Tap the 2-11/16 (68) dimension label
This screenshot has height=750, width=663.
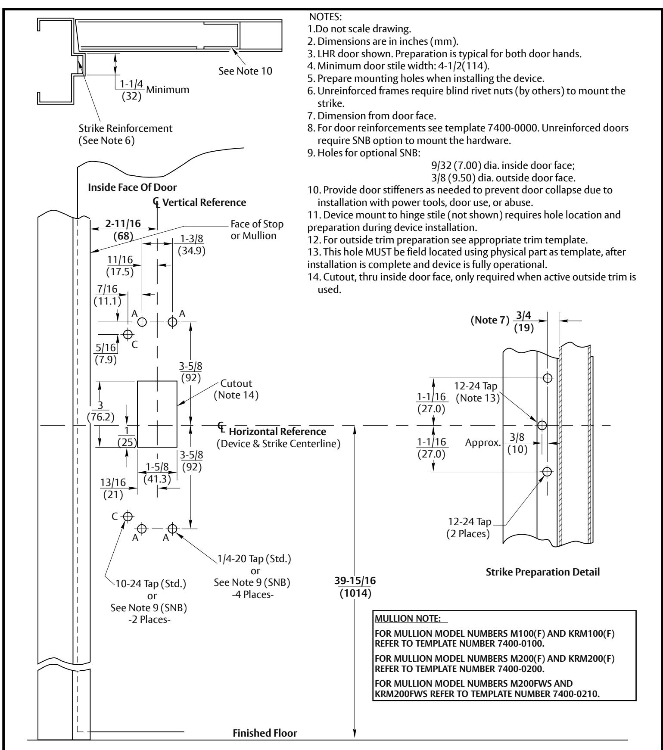pos(117,229)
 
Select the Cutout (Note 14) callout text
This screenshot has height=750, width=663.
pos(236,389)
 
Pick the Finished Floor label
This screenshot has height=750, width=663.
pos(265,733)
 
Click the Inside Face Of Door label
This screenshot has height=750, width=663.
pos(132,187)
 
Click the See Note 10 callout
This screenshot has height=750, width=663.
pos(246,71)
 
